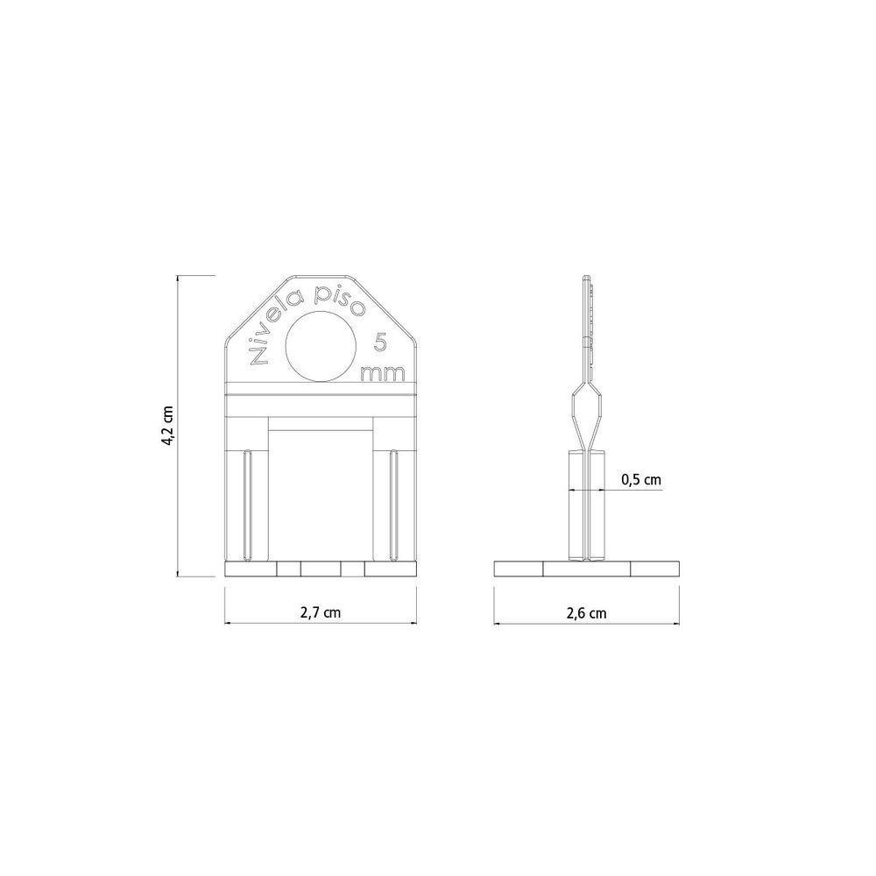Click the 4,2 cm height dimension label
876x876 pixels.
[167, 426]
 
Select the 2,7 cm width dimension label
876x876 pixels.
[320, 613]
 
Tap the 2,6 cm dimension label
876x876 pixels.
[586, 613]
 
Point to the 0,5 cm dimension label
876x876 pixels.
[640, 479]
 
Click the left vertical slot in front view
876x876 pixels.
[248, 504]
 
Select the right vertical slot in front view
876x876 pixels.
[394, 504]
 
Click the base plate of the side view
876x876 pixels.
[586, 568]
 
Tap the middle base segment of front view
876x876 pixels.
[321, 569]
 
